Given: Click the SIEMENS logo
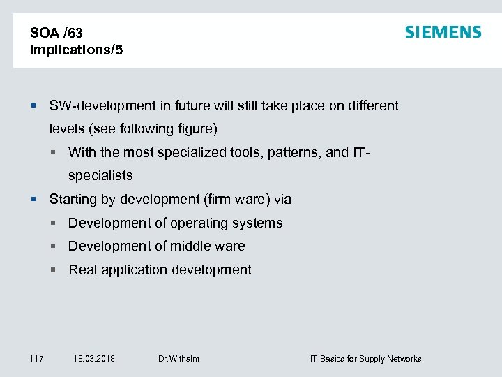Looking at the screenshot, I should pos(443,32).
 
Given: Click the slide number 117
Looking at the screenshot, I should pos(36,359).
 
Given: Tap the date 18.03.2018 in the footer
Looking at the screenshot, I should pos(94,359).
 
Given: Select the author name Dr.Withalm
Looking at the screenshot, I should pos(178,359).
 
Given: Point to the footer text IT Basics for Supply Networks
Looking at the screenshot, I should pos(365,359).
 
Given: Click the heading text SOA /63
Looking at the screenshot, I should pos(56,33).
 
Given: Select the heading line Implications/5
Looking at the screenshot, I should pos(77,50).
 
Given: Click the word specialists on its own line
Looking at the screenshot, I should pos(100,175).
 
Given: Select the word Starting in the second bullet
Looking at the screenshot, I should pos(72,200).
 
